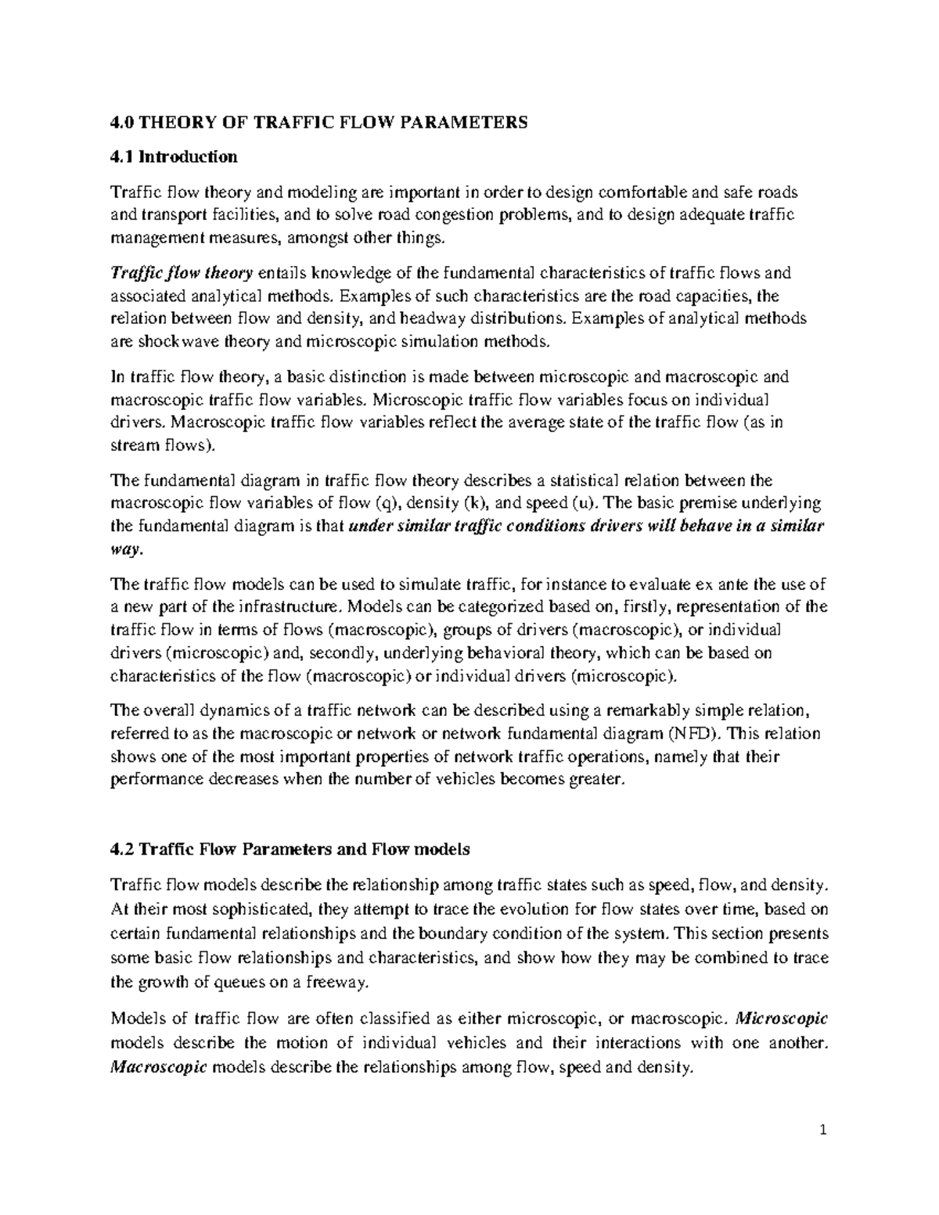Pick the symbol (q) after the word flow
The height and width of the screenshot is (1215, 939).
[x=387, y=502]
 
